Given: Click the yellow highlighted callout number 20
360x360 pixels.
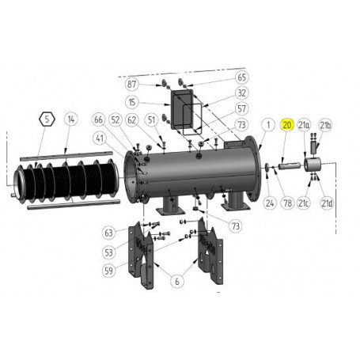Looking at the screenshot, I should point(286,125).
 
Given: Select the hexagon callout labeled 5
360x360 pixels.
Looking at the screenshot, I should point(47,119).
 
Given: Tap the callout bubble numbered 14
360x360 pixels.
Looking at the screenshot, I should point(71,119).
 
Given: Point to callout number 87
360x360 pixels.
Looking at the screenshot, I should point(131,84).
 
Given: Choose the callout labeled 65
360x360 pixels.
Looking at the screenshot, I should point(242,78).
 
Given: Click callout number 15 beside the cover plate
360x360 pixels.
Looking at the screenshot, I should point(131,102).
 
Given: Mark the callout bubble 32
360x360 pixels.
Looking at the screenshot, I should point(242,93).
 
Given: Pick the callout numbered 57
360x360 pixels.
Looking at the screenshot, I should point(242,108).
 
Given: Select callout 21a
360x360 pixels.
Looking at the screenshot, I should point(304,125).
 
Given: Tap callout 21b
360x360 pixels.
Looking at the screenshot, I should point(325,125).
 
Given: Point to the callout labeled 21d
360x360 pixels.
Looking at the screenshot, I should point(325,203).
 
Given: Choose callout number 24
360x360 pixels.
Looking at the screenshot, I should point(269,203).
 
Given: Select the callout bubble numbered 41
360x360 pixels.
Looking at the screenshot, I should point(100,137).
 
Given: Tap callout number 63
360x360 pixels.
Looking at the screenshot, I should point(108,232).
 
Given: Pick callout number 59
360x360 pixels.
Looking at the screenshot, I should point(108,270).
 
